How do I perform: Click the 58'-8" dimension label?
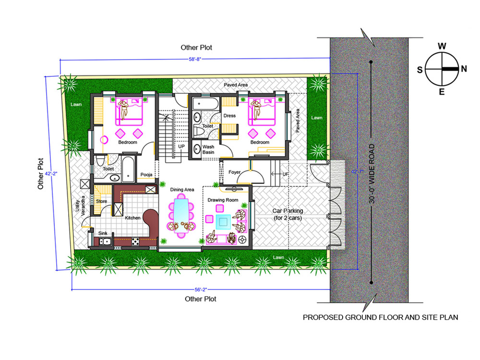point(195,59)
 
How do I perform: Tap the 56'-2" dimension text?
point(201,289)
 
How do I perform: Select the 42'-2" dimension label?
point(51,174)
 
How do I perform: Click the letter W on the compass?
point(442,46)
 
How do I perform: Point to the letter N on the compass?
point(464,69)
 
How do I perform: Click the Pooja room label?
point(146,175)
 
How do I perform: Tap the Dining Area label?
point(182,190)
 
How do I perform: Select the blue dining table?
point(181,214)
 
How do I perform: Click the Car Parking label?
point(288,214)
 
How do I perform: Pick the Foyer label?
point(235,172)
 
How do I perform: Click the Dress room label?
point(229,116)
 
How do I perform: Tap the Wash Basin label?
point(208,149)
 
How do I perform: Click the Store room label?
point(101,201)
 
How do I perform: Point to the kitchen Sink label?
point(103,233)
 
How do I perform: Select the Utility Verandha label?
point(80,206)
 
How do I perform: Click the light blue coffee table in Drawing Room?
point(223,222)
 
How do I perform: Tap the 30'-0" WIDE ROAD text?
point(372,174)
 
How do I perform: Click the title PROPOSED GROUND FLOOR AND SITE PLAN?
point(381,317)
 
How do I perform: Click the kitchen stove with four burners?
point(135,242)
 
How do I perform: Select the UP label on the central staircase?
point(181,146)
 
